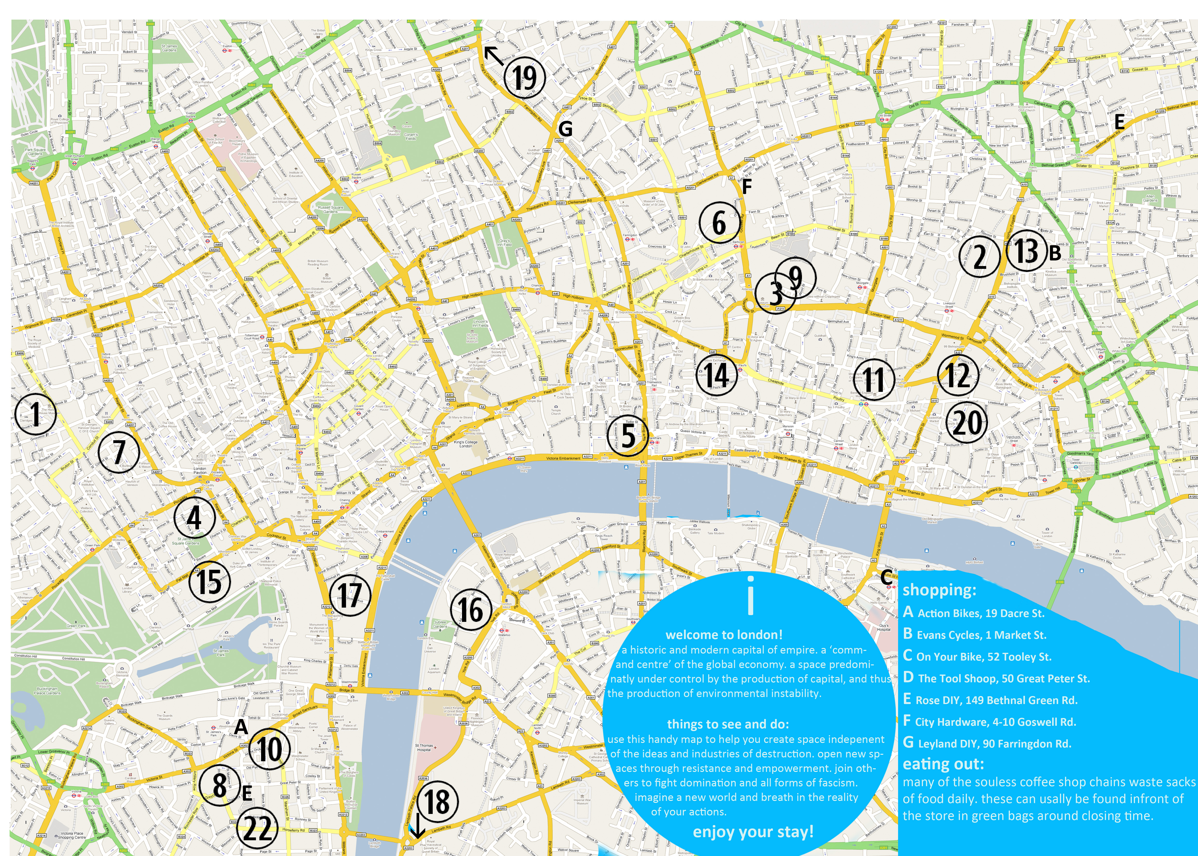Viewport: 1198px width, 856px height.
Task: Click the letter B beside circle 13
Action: point(1055,253)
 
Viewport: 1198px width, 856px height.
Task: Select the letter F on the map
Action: point(746,187)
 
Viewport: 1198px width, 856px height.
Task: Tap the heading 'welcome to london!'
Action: point(724,635)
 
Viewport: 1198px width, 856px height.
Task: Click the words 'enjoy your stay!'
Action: point(753,832)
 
